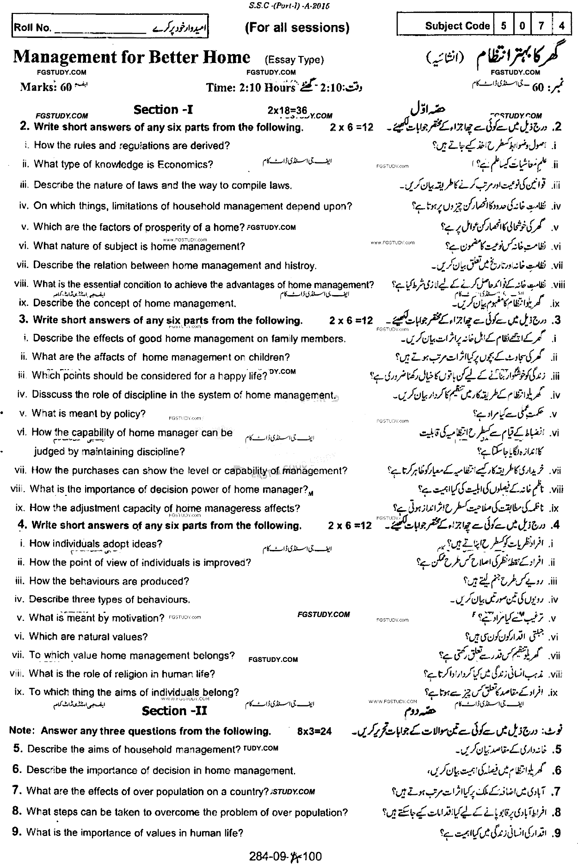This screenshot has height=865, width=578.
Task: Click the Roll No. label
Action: click(x=32, y=28)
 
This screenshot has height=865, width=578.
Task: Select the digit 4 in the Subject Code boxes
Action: click(x=562, y=26)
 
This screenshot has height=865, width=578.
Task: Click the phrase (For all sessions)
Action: click(x=296, y=28)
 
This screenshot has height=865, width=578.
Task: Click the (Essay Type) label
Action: click(x=294, y=60)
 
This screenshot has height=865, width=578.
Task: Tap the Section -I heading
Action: click(x=163, y=110)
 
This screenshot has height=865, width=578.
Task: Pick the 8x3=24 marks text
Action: click(x=315, y=732)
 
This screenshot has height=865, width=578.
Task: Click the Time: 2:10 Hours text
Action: click(x=251, y=87)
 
